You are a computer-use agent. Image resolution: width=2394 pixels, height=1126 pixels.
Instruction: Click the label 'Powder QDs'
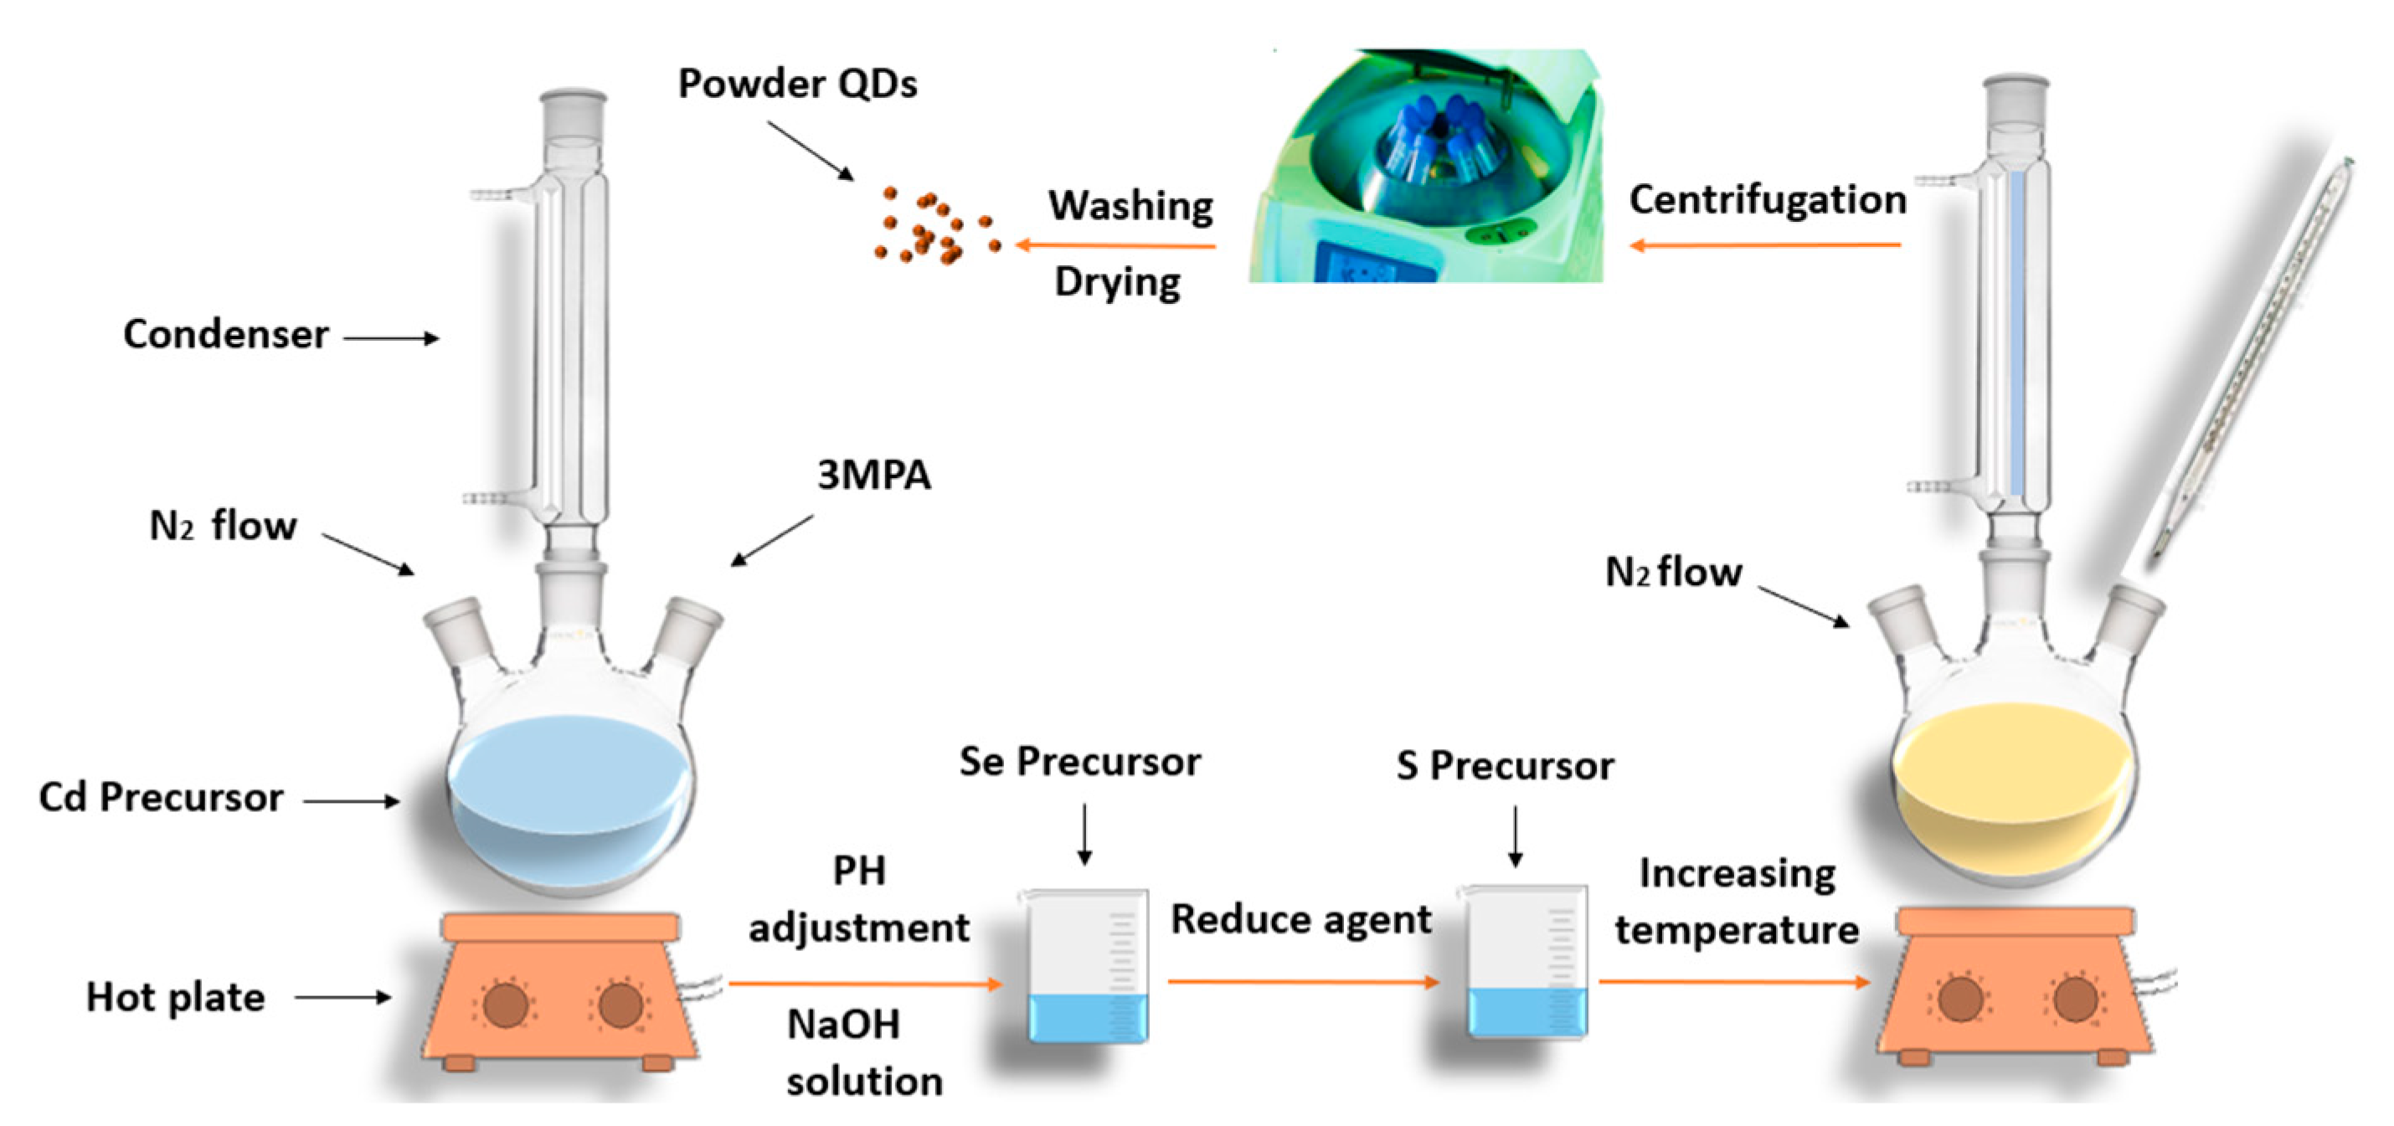(x=797, y=84)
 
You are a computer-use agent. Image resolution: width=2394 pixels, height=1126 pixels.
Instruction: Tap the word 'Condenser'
(x=226, y=335)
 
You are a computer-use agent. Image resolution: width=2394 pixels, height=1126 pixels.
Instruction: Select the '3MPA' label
(x=873, y=475)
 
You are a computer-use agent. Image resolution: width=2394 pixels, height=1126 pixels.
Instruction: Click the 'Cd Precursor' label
(x=161, y=797)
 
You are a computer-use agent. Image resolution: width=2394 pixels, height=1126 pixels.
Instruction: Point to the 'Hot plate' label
(x=176, y=997)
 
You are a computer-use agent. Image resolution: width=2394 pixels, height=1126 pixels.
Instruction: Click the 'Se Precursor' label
(x=1079, y=762)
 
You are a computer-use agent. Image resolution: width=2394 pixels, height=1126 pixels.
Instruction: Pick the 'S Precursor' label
(x=1505, y=765)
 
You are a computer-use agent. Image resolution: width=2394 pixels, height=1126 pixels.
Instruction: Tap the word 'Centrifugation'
(x=1768, y=200)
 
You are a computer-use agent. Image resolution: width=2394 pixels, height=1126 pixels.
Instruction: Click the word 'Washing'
(x=1130, y=205)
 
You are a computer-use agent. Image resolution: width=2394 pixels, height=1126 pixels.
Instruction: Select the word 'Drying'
(x=1117, y=281)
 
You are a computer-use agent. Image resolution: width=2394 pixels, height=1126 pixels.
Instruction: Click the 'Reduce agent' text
(x=1300, y=920)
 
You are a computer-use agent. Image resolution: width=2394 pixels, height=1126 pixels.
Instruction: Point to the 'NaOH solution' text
(x=862, y=1052)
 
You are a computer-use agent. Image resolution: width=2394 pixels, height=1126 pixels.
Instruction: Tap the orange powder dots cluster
(x=932, y=226)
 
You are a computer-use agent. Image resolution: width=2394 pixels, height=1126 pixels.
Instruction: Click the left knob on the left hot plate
(x=506, y=1005)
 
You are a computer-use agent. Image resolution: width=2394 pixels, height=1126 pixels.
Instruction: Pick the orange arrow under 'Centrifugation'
(x=1766, y=245)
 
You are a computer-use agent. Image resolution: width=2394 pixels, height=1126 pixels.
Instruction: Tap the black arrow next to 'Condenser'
(x=391, y=338)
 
